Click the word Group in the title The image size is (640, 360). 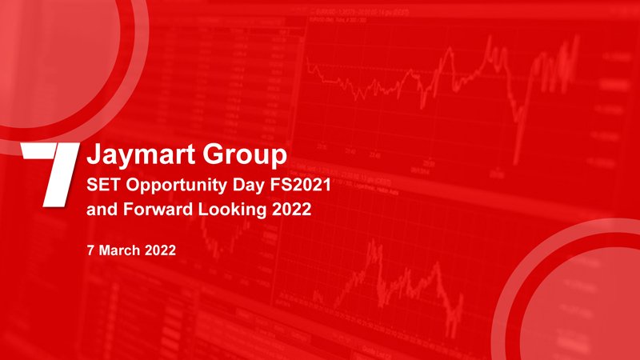point(245,155)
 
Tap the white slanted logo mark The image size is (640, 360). point(50,174)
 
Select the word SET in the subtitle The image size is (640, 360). point(102,185)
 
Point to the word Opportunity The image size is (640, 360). point(176,186)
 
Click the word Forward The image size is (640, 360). point(158,210)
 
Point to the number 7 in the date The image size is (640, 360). point(90,250)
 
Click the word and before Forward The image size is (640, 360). point(102,210)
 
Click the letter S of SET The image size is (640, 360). point(92,185)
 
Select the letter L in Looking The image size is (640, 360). point(203,210)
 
